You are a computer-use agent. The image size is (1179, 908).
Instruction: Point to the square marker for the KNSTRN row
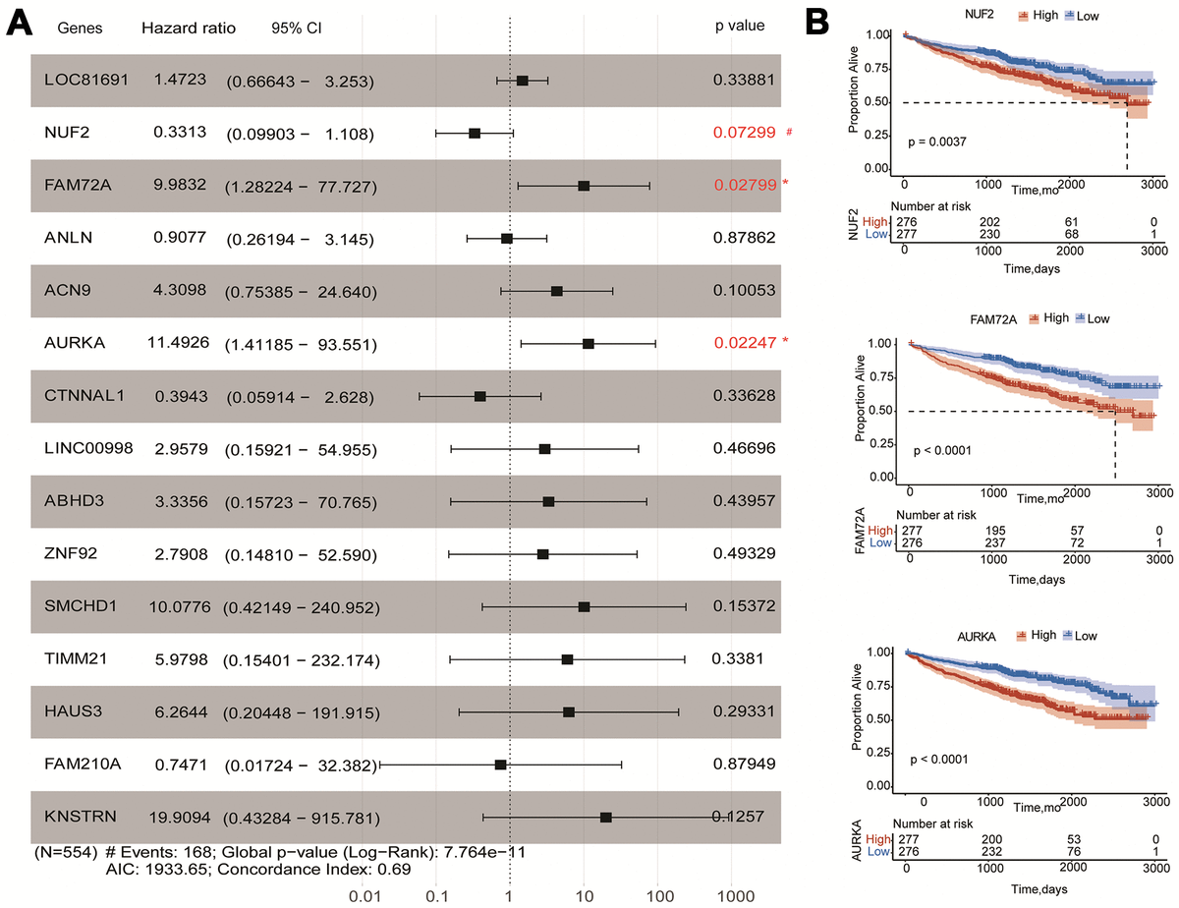[606, 818]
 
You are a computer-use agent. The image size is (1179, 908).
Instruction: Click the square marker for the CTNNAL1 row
[479, 396]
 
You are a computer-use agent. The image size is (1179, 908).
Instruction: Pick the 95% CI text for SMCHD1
[299, 606]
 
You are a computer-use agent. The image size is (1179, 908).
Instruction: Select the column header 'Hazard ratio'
[189, 28]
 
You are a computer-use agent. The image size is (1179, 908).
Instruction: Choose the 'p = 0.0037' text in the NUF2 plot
[941, 142]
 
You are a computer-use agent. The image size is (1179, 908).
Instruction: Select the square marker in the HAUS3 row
[569, 712]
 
